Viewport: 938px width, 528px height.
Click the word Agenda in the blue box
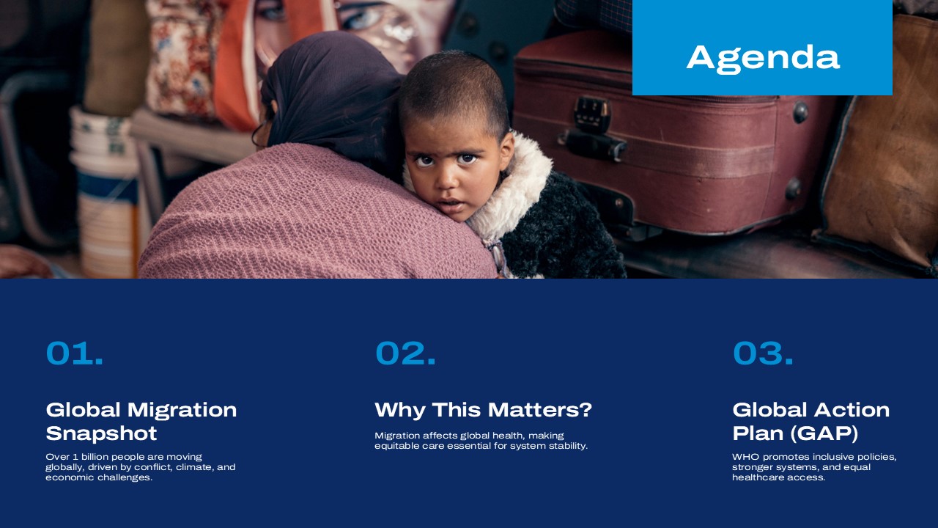tap(762, 57)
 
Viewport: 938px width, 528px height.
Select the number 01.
tap(74, 353)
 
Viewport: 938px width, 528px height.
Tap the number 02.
tap(405, 353)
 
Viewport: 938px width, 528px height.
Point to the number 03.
tap(763, 353)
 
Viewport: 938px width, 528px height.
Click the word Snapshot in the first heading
tap(101, 433)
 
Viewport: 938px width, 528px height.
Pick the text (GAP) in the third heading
tap(824, 433)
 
